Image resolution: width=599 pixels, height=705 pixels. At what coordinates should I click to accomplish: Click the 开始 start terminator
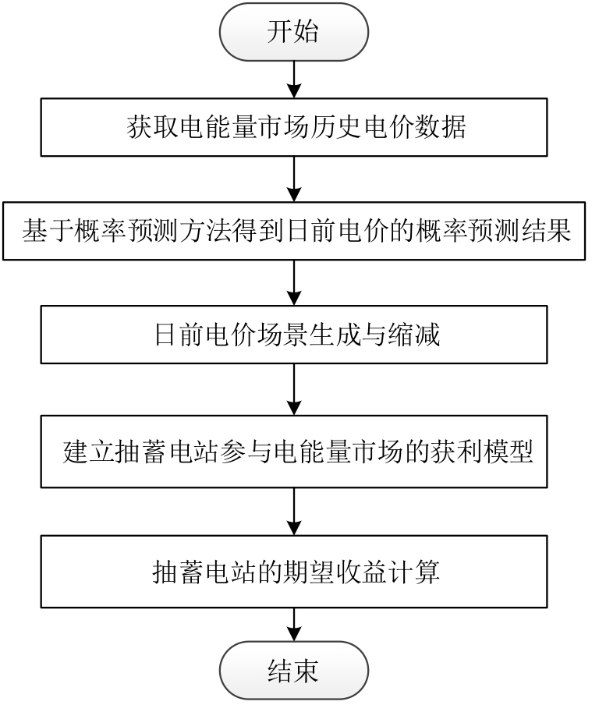[x=294, y=32]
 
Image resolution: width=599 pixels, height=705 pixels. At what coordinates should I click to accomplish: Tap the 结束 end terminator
[x=294, y=670]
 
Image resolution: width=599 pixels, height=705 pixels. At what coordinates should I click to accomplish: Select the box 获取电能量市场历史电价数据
[x=294, y=128]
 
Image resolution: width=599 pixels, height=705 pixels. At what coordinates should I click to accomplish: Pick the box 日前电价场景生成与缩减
[x=294, y=335]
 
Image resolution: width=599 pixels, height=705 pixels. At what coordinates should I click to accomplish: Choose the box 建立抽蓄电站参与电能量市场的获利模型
[x=294, y=453]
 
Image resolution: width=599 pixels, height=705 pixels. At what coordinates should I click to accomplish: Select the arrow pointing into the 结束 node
[x=294, y=625]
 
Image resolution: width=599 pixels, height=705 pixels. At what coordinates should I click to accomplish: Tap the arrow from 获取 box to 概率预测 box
[x=294, y=179]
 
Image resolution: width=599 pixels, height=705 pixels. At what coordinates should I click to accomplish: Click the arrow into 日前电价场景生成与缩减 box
[x=294, y=283]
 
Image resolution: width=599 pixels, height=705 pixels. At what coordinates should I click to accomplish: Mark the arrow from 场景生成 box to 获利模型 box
[x=294, y=391]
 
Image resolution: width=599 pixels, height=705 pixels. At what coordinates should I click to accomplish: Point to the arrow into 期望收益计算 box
[x=294, y=511]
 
